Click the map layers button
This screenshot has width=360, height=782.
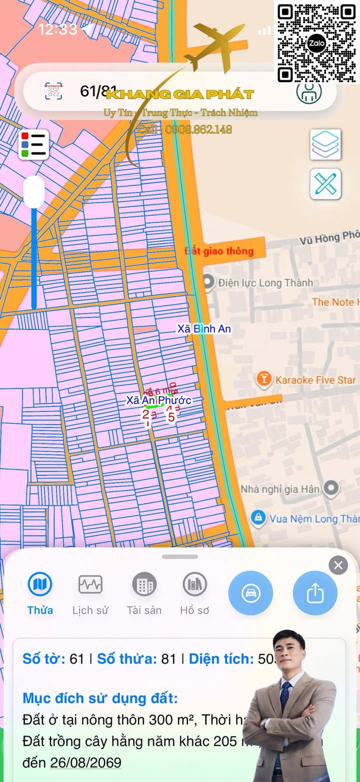pyautogui.click(x=325, y=144)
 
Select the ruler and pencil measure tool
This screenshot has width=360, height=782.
pyautogui.click(x=325, y=184)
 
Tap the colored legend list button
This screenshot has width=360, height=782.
pyautogui.click(x=34, y=144)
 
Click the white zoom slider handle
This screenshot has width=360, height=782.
pyautogui.click(x=34, y=191)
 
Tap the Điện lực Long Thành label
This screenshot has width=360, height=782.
pyautogui.click(x=265, y=283)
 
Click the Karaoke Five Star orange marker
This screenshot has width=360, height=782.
pyautogui.click(x=263, y=379)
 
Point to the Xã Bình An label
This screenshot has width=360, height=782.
pyautogui.click(x=204, y=329)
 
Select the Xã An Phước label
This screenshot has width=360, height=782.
pyautogui.click(x=158, y=400)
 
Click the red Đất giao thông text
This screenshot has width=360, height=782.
pyautogui.click(x=219, y=251)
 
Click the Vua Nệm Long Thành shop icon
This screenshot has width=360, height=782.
pyautogui.click(x=257, y=518)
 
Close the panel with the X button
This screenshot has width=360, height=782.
pyautogui.click(x=338, y=565)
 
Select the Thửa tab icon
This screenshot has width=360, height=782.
pyautogui.click(x=40, y=584)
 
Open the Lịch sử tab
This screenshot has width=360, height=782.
pyautogui.click(x=90, y=593)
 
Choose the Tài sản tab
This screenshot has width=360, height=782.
pyautogui.click(x=144, y=593)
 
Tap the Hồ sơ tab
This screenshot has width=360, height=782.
pyautogui.click(x=194, y=593)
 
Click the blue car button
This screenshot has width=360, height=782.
pyautogui.click(x=250, y=593)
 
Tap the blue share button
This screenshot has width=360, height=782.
pyautogui.click(x=315, y=593)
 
